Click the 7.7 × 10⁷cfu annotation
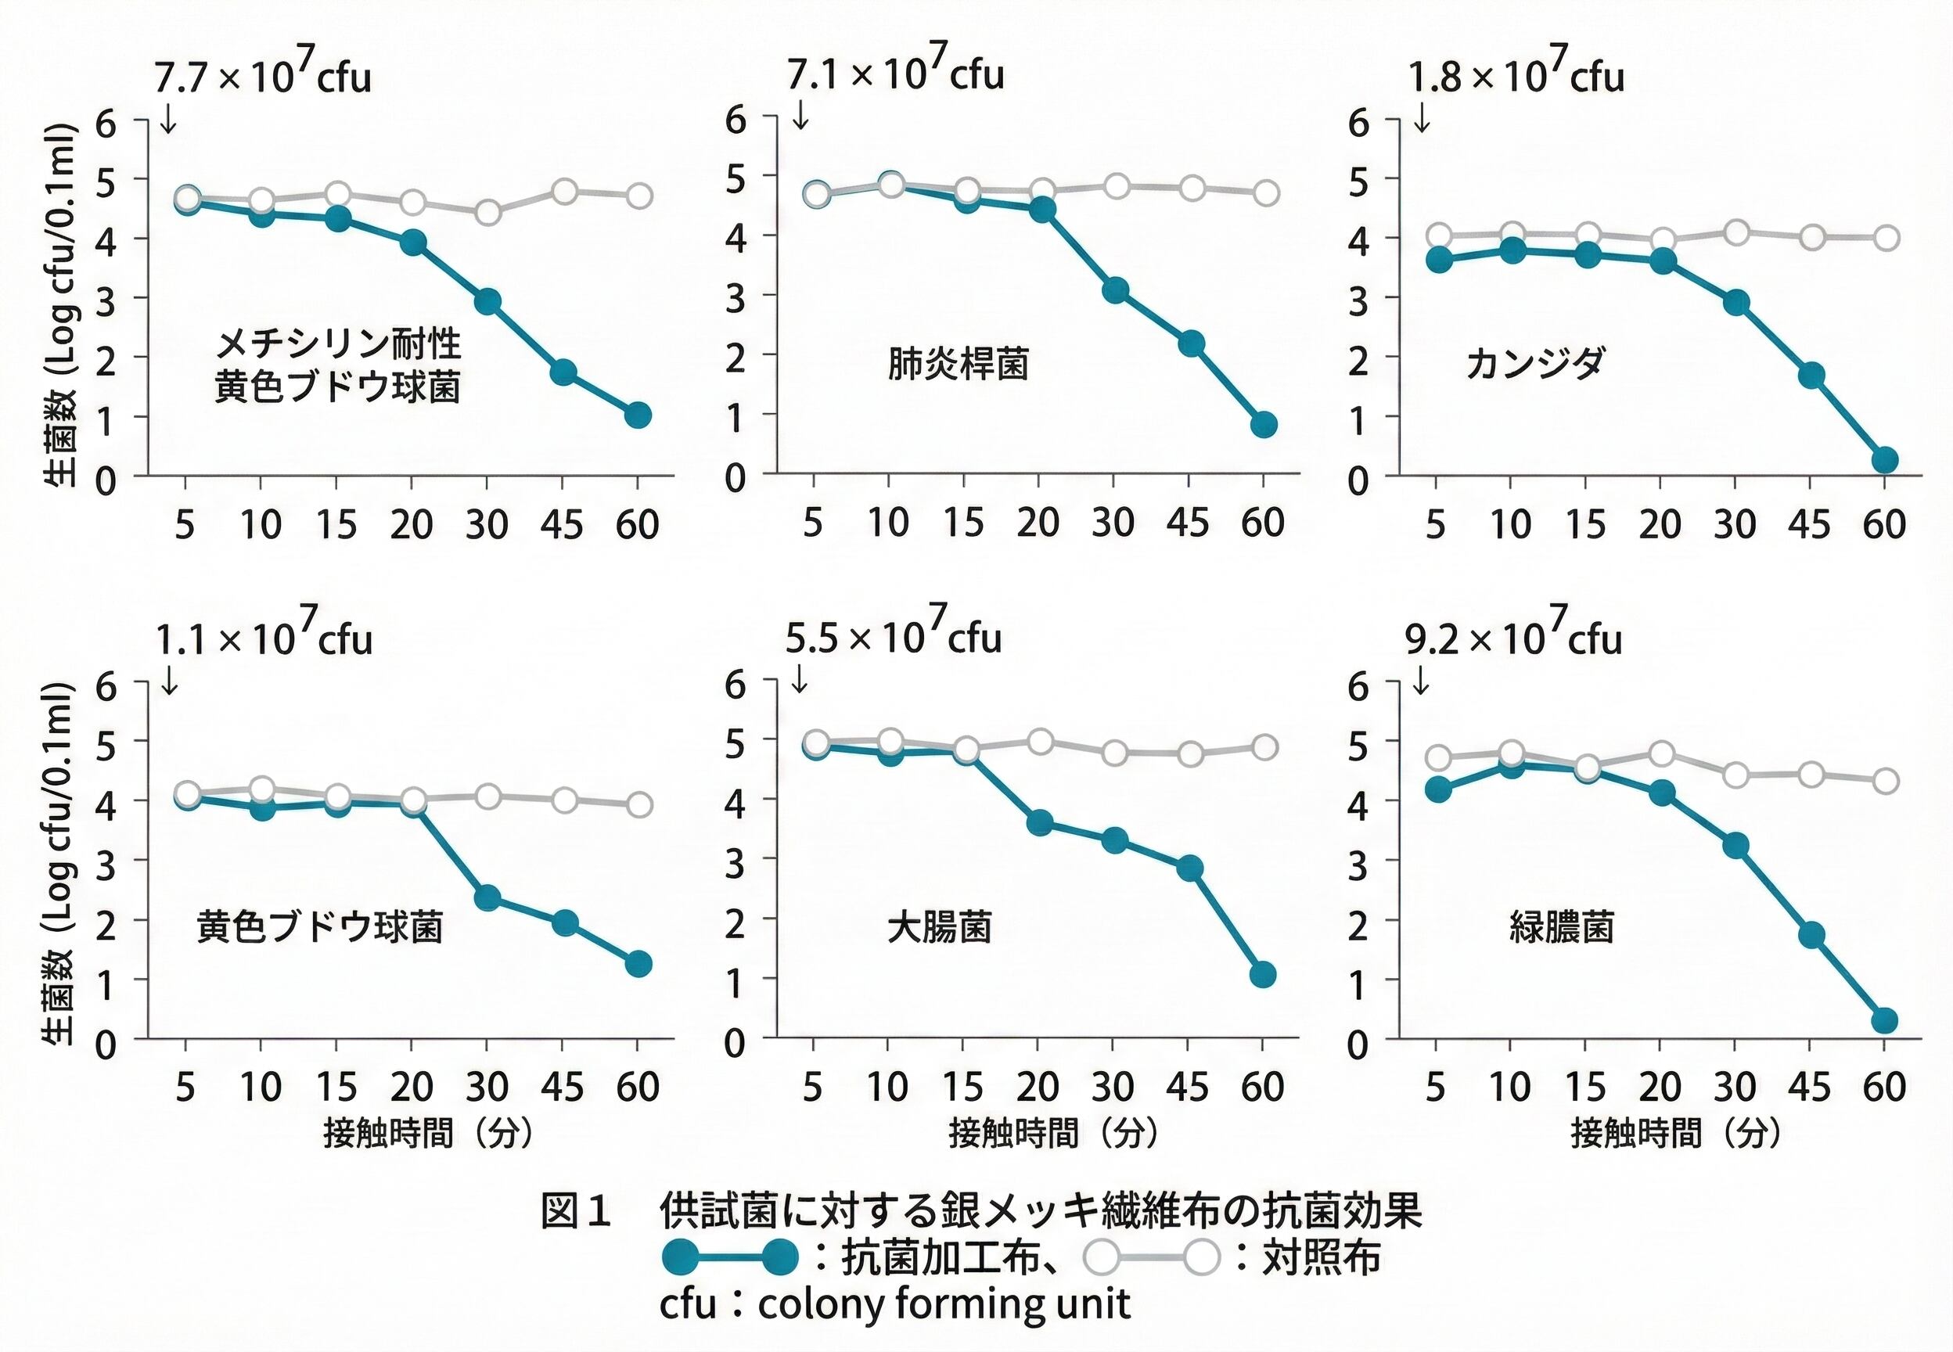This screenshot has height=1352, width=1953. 263,76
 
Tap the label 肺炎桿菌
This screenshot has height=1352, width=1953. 957,365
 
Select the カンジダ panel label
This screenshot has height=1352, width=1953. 1534,365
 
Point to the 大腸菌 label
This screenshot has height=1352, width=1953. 939,928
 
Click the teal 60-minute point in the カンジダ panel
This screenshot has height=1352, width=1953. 1883,460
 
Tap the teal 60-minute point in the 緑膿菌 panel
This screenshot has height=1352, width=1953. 1883,1021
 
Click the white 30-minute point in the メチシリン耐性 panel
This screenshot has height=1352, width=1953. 487,213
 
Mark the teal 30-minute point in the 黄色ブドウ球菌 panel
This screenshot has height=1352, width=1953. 487,898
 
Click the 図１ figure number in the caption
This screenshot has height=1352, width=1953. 576,1212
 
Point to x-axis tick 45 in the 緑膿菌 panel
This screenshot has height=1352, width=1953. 1810,1086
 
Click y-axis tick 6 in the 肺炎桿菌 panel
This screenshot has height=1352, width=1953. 736,120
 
